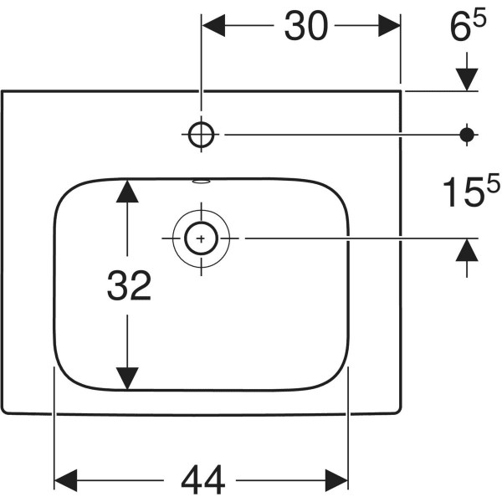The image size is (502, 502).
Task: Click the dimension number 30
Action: click(305, 28)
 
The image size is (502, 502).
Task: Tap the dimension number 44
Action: click(202, 479)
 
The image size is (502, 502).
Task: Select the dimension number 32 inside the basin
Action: click(129, 287)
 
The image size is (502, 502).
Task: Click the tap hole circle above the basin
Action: click(202, 133)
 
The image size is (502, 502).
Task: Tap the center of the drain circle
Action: click(201, 238)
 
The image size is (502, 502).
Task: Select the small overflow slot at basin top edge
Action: click(202, 180)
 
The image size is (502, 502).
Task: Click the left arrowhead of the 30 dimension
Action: click(214, 28)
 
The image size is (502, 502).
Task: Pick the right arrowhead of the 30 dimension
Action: click(390, 28)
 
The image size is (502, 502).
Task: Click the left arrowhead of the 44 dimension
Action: click(66, 479)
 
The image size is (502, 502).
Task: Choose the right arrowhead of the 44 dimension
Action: click(336, 479)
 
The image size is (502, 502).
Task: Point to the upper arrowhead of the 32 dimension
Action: click(126, 191)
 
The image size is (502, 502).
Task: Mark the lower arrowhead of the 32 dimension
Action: click(126, 378)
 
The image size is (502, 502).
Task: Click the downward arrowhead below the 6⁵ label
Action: click(467, 79)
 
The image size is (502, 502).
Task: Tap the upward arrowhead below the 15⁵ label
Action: click(467, 251)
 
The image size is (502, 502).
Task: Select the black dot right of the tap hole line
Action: click(467, 133)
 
